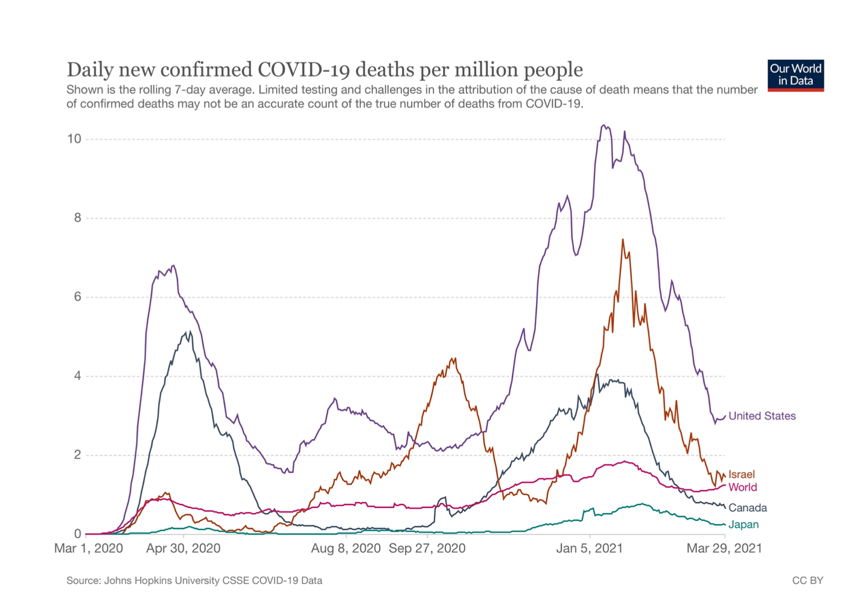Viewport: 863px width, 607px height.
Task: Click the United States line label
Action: pyautogui.click(x=762, y=416)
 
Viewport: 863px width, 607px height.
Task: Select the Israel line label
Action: pyautogui.click(x=741, y=474)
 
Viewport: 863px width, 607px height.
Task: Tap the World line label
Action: pyautogui.click(x=742, y=487)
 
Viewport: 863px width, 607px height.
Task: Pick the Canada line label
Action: pyautogui.click(x=747, y=507)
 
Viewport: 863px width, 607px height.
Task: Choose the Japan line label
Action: pyautogui.click(x=743, y=524)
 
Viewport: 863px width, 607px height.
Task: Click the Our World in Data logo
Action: pyautogui.click(x=795, y=75)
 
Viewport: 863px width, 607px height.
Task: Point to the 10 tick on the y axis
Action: pyautogui.click(x=74, y=139)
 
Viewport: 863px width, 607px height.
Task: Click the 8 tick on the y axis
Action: pyautogui.click(x=77, y=218)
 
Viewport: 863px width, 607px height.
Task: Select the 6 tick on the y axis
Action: pyautogui.click(x=77, y=297)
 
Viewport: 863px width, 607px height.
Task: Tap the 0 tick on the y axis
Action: pyautogui.click(x=77, y=534)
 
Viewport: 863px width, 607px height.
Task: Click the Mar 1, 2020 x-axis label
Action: pyautogui.click(x=89, y=548)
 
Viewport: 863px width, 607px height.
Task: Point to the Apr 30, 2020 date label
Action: pyautogui.click(x=183, y=548)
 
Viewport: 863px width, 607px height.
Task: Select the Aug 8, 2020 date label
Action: pyautogui.click(x=346, y=548)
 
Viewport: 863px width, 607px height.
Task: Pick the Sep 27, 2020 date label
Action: pyautogui.click(x=427, y=548)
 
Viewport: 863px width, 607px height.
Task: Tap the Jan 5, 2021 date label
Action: pyautogui.click(x=590, y=548)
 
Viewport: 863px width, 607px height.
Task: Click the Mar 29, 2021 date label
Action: pyautogui.click(x=724, y=548)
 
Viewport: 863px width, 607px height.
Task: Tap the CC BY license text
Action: pyautogui.click(x=807, y=580)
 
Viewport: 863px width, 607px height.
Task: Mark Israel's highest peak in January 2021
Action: pyautogui.click(x=623, y=240)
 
